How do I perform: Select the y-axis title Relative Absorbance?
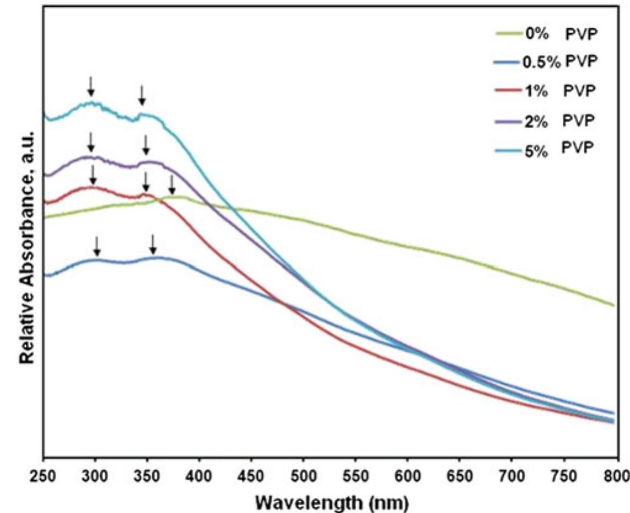[26, 247]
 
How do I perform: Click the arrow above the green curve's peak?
[172, 184]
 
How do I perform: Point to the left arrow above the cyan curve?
[91, 86]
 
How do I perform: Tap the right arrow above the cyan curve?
[142, 95]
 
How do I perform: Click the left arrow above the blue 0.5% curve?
[96, 245]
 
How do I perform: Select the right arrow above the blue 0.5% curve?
[153, 244]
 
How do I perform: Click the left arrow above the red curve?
[92, 174]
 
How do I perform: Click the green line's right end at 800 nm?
[613, 305]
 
